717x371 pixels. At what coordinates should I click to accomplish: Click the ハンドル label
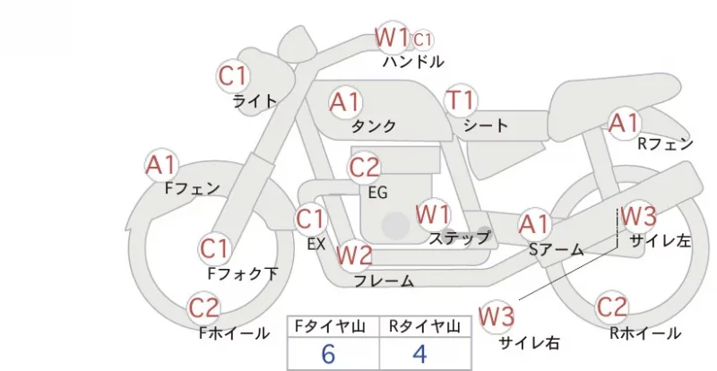[413, 61]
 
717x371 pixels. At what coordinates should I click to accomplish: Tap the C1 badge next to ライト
[233, 76]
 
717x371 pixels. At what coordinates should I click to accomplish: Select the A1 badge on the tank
[346, 102]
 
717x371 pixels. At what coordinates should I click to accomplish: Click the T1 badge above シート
[461, 100]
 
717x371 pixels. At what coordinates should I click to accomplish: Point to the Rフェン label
[665, 144]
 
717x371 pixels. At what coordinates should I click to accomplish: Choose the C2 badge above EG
[364, 168]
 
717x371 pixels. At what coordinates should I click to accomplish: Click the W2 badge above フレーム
[354, 255]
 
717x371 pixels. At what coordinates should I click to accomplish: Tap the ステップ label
[459, 237]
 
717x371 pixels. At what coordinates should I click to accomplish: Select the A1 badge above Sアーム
[534, 225]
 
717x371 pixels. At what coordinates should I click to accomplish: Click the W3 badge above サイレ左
[639, 216]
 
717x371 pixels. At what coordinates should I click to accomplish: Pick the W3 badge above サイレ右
[497, 316]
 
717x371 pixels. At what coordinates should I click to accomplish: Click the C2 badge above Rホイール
[612, 307]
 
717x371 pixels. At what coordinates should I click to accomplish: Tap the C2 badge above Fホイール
[204, 308]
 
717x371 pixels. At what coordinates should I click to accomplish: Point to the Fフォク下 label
[243, 273]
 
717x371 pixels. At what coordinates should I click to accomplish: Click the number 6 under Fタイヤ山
[328, 354]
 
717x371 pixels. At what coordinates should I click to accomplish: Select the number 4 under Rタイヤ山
[419, 354]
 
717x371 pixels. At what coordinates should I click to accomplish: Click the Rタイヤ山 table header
[425, 326]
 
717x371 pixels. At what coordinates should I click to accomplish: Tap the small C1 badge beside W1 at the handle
[422, 40]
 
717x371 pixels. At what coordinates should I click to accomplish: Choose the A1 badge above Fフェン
[161, 165]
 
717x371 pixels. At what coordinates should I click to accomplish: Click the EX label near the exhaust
[316, 245]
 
